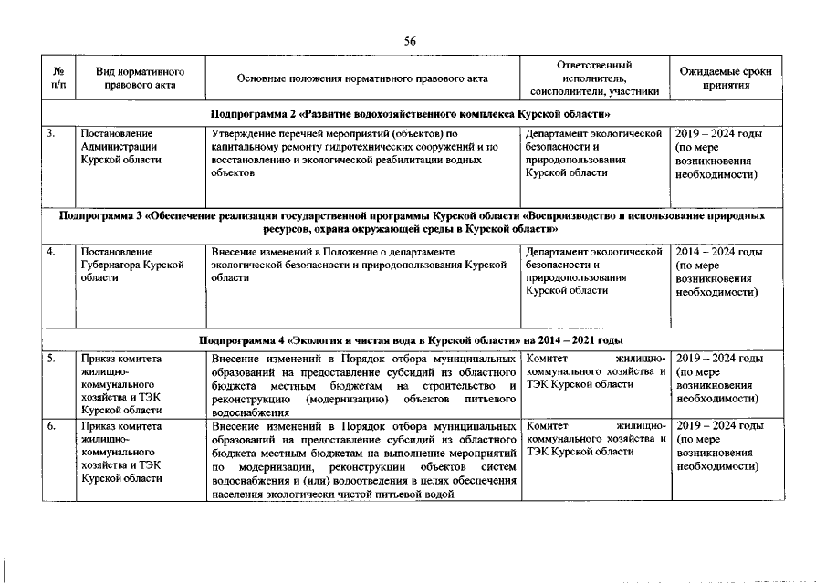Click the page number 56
411,40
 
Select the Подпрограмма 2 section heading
410,114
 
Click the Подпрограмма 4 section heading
410,340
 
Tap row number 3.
54,134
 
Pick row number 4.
54,251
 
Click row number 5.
54,360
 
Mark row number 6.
54,426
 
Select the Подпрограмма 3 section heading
410,224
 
